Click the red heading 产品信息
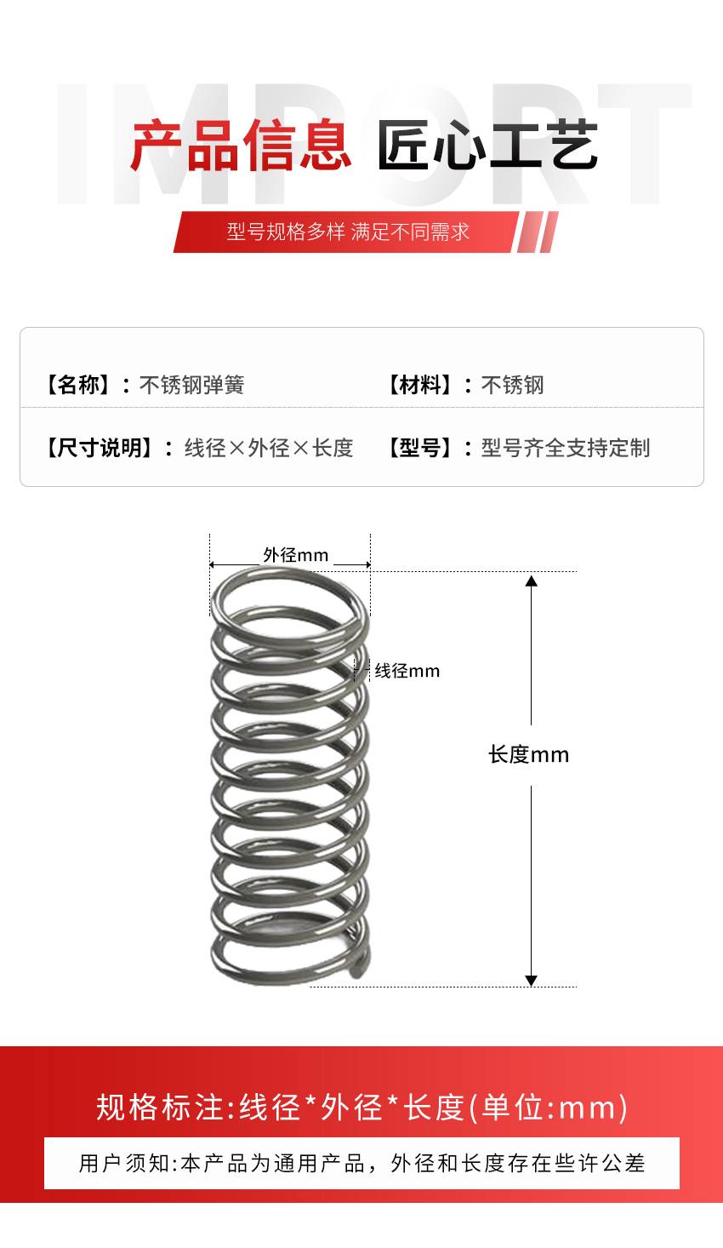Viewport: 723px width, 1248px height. (x=241, y=145)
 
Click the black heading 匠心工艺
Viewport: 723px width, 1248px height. (x=488, y=145)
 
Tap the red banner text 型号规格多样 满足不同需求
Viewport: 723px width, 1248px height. (x=348, y=232)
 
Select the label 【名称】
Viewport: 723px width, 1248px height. (x=77, y=385)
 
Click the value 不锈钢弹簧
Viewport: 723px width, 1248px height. (x=192, y=385)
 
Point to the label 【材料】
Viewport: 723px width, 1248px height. (x=419, y=385)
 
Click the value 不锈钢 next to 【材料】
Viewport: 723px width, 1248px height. (x=513, y=385)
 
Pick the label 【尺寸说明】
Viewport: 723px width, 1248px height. (x=99, y=448)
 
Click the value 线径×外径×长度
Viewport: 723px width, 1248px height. (x=269, y=448)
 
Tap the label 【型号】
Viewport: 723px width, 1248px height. (x=419, y=448)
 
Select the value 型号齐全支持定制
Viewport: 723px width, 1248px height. (x=566, y=448)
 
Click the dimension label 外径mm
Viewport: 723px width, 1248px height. (x=295, y=555)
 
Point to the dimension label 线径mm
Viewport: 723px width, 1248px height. (x=407, y=671)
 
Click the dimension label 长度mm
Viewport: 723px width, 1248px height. (x=529, y=755)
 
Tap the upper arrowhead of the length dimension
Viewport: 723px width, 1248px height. (x=532, y=581)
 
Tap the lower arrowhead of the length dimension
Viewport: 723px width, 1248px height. (x=532, y=981)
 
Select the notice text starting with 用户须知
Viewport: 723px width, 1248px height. (x=361, y=1164)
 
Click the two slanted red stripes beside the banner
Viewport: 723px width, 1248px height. (x=537, y=232)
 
